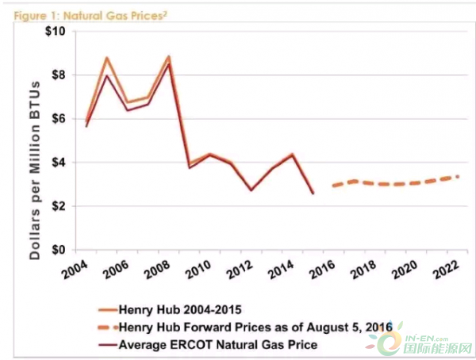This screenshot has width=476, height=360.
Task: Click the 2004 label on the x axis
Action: click(76, 268)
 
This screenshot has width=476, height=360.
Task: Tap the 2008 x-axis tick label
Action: click(159, 268)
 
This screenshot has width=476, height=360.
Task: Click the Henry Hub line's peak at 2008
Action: click(169, 56)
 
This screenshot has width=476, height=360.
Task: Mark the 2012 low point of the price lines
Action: click(251, 190)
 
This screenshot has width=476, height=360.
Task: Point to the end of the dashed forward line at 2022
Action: click(458, 176)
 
